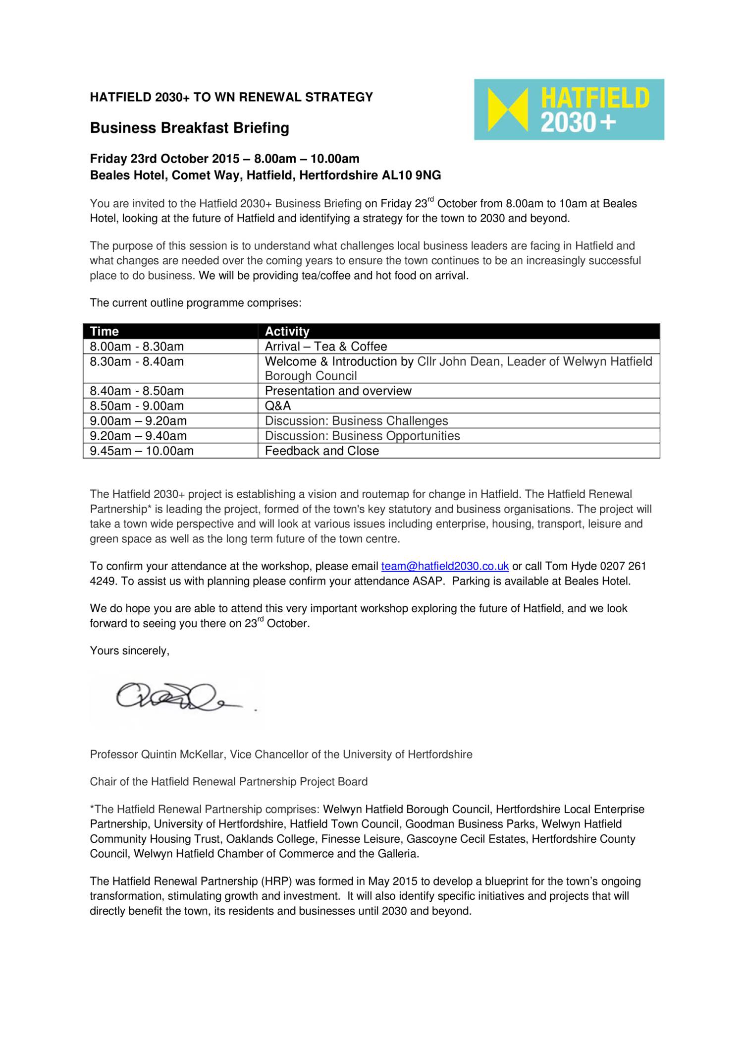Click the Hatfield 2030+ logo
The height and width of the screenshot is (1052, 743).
coord(569,110)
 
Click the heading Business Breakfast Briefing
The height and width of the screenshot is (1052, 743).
coord(189,128)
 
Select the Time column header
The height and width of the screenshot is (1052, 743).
coord(105,331)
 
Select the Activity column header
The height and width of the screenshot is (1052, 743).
coord(287,331)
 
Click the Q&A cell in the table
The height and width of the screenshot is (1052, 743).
coord(278,406)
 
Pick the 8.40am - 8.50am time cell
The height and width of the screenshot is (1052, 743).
coord(137,391)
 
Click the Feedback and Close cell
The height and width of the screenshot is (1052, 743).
coord(322,451)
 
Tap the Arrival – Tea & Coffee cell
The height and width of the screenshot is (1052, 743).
coord(326,347)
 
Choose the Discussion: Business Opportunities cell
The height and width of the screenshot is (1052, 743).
coord(362,436)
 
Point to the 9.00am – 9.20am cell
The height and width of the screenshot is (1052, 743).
coord(138,421)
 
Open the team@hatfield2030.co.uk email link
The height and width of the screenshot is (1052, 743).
coord(445,566)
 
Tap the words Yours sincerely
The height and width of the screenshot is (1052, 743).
coord(129,651)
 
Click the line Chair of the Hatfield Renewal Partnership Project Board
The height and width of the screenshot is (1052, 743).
coord(228,782)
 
